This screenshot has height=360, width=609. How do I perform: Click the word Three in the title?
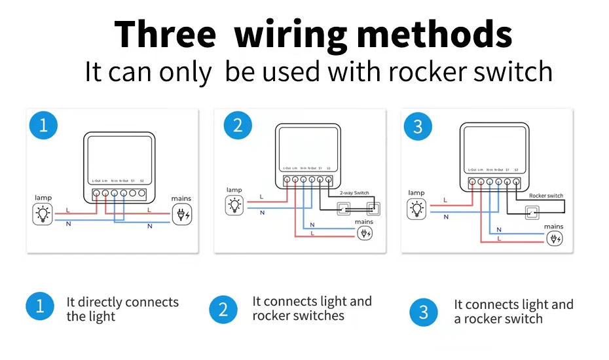pos(165,35)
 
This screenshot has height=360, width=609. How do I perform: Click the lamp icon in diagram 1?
pos(43,214)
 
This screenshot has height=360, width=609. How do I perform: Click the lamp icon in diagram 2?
pos(234,206)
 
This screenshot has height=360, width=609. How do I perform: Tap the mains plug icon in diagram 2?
pos(364,234)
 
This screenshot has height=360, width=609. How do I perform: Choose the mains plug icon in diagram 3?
pos(554,238)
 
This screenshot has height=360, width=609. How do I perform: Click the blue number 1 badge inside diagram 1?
pos(43,124)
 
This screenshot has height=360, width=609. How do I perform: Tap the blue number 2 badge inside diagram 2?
pos(237,125)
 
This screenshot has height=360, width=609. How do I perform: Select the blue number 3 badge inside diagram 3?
pos(418,126)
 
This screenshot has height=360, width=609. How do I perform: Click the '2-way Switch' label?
pos(354,194)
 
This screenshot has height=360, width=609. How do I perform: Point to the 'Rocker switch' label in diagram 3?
pos(545,196)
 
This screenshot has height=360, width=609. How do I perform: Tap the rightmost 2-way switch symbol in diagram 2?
pos(374,209)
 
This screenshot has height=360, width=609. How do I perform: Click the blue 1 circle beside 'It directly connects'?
pos(40,306)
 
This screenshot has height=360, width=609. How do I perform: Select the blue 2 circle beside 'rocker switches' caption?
pos(223,310)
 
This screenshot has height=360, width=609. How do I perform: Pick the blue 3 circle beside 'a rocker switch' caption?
pos(424,312)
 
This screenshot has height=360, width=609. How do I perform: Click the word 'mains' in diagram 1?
pos(181,198)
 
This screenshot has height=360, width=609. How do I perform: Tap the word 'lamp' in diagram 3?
pos(416,193)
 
